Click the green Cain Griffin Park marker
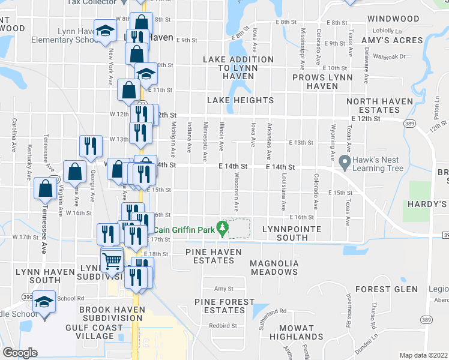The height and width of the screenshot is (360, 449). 223,228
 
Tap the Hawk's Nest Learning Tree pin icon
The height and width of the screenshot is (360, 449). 345,161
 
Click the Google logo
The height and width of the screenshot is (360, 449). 20,353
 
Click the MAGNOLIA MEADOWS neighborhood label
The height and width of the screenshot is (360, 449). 274,268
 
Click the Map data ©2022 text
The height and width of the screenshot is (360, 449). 424,355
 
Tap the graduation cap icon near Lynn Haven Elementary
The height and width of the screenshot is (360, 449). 106,32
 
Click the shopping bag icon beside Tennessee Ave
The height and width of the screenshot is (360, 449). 46,188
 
